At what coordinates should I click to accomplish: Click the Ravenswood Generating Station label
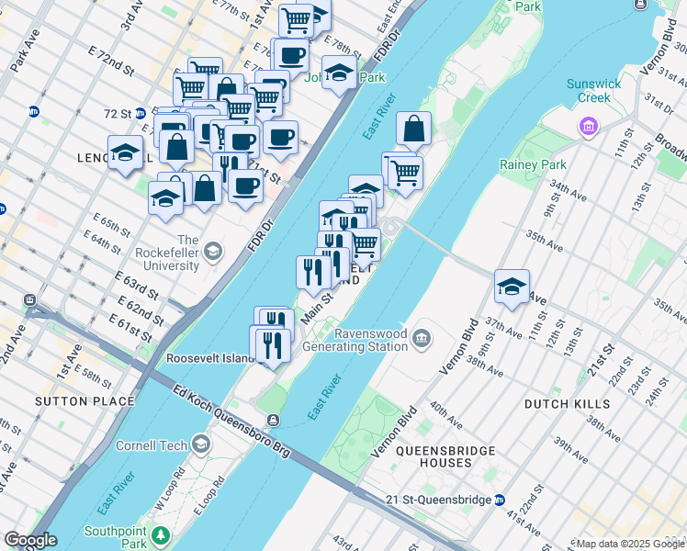click(358, 340)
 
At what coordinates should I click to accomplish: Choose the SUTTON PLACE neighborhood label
click(73, 401)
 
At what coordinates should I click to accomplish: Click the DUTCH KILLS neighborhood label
click(567, 404)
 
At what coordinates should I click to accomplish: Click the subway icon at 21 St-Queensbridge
click(500, 500)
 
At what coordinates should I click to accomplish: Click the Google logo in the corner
click(29, 540)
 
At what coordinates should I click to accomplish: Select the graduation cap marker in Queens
click(512, 287)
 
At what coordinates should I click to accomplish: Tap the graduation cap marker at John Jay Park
click(339, 74)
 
